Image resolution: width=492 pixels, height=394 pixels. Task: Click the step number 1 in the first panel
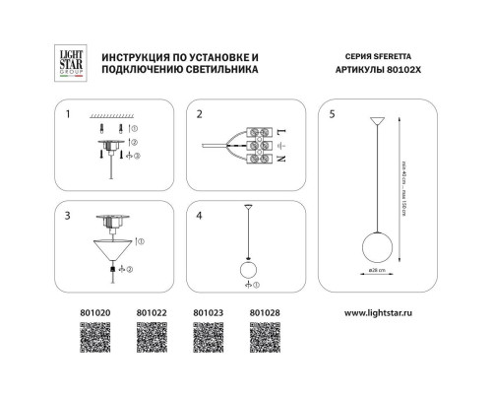68,114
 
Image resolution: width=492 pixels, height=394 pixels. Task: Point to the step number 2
199,114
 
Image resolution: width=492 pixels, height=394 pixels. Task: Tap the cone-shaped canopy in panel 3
114,250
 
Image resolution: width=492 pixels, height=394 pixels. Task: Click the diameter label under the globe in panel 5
375,269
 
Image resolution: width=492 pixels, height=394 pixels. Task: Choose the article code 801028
262,314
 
